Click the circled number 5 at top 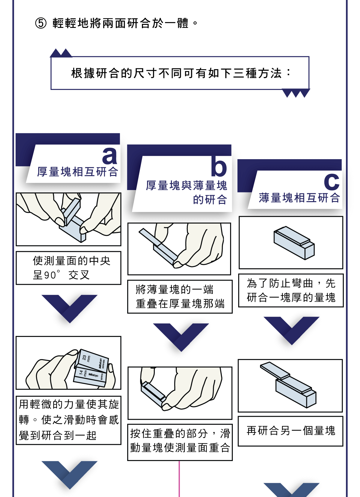click(41, 23)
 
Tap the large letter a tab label click(109, 155)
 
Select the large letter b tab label click(219, 167)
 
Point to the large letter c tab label click(331, 181)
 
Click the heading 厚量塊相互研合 click(77, 172)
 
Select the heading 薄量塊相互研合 click(299, 198)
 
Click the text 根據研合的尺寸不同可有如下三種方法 click(180, 73)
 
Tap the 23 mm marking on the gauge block click(86, 358)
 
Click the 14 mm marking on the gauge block click(83, 373)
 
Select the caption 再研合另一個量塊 click(290, 431)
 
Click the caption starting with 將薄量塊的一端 click(180, 296)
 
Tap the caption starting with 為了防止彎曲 click(291, 290)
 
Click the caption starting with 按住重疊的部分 click(180, 440)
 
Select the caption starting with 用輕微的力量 click(68, 420)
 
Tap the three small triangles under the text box click(296, 93)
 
